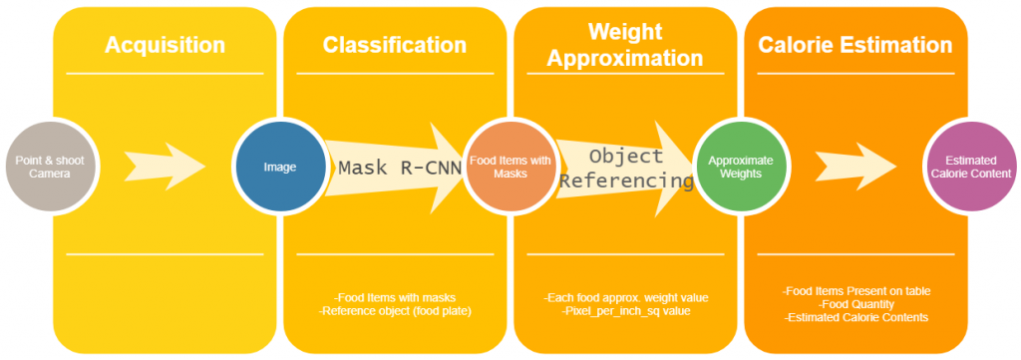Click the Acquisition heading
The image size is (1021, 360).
165,45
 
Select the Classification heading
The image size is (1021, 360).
394,45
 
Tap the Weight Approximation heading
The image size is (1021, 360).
625,45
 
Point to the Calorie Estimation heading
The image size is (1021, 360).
854,45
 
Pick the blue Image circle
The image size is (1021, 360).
279,167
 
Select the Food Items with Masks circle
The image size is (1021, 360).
510,167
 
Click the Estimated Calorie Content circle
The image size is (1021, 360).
969,167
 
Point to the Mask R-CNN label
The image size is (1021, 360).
399,167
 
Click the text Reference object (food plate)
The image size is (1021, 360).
394,310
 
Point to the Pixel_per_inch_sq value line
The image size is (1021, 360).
624,310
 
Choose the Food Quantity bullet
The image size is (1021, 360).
856,304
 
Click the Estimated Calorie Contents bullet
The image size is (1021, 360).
856,317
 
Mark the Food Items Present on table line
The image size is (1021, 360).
856,291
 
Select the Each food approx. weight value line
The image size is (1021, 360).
624,297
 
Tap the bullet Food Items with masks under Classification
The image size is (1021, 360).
394,297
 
